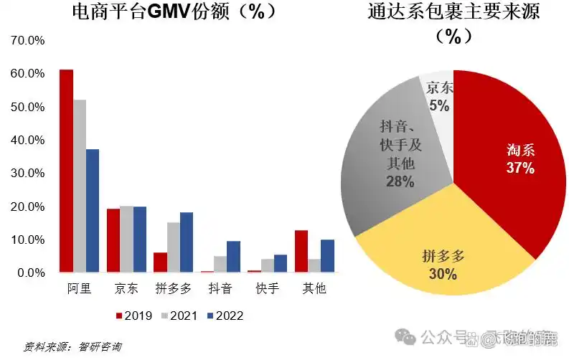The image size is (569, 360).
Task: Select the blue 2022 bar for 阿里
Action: coord(92,211)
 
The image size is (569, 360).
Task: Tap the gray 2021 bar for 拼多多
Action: coord(174,247)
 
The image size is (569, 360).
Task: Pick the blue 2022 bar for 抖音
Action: coord(233,257)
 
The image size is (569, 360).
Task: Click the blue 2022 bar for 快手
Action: coord(281,263)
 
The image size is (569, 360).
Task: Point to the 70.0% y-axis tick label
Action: coord(28,41)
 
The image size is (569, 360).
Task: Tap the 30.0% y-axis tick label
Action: coord(28,174)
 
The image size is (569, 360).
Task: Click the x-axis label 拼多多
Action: coord(174,290)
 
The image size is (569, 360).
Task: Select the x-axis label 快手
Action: coord(268,290)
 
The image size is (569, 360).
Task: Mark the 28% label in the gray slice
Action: coord(400,181)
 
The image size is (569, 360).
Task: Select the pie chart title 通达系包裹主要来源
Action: coord(453,12)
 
